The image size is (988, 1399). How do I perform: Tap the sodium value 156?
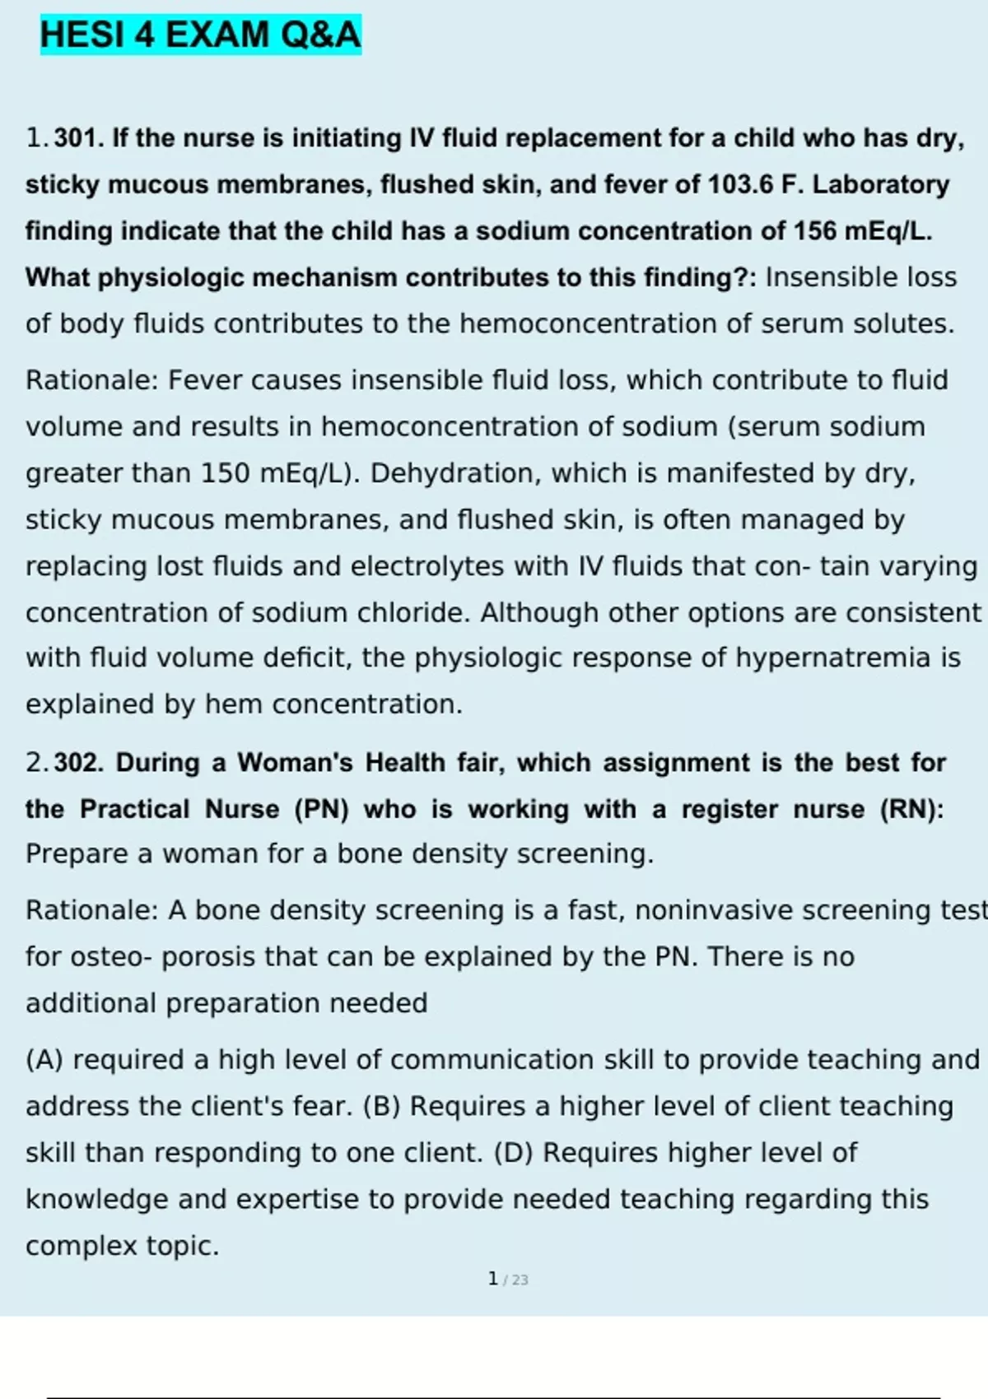click(814, 231)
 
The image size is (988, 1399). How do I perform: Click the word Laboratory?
click(881, 184)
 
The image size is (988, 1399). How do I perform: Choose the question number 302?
click(79, 763)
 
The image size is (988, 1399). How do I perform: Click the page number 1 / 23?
click(507, 1279)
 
